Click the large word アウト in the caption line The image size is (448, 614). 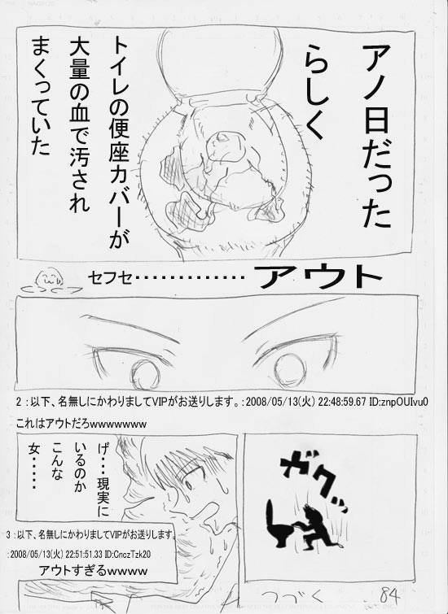click(x=320, y=277)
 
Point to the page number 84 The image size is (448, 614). click(x=390, y=597)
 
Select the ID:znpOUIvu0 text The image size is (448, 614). click(x=398, y=403)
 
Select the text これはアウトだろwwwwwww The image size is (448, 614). click(x=81, y=424)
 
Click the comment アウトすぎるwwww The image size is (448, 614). click(x=94, y=571)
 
